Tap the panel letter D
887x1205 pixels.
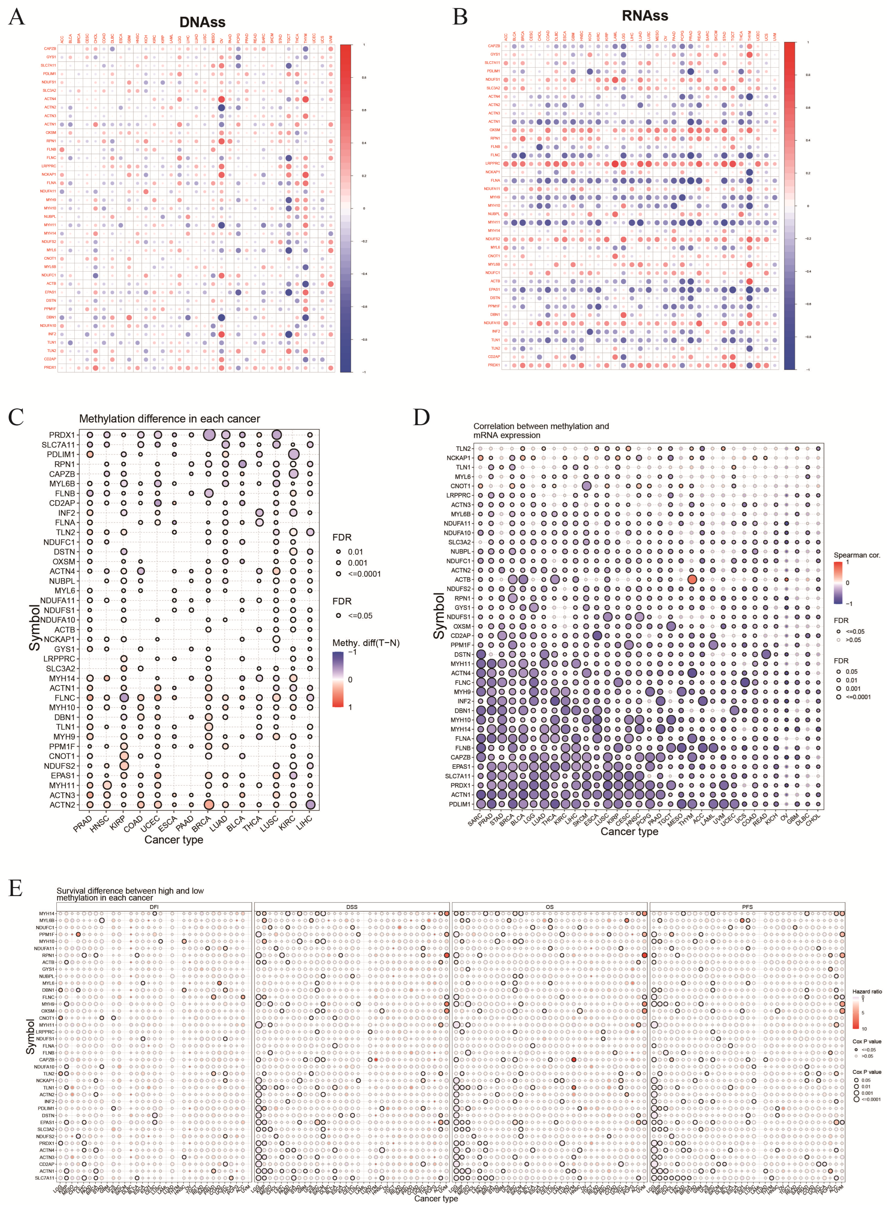click(x=421, y=417)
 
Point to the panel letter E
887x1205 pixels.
click(x=16, y=888)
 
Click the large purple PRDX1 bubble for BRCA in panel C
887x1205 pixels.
click(x=209, y=435)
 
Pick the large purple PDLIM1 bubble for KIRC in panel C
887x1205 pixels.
click(x=293, y=455)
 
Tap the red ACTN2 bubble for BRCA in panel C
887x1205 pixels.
click(x=209, y=805)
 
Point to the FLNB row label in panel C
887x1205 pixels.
click(x=65, y=493)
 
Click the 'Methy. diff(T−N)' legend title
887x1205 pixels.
click(x=366, y=643)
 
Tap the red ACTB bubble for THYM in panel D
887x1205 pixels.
click(x=692, y=580)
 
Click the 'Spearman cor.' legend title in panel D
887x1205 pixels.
click(x=857, y=555)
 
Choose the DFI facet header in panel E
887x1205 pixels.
click(x=154, y=907)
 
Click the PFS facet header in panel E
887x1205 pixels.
click(x=747, y=907)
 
